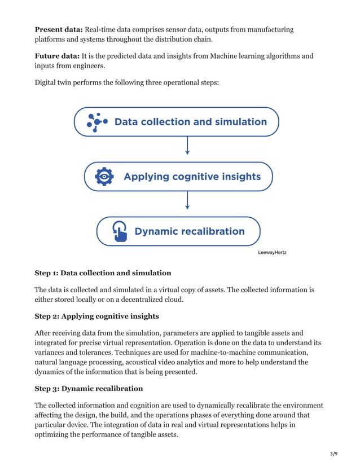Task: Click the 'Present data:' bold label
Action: tap(58, 29)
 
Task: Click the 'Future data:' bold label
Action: tap(57, 56)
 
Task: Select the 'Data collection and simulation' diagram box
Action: tap(177, 122)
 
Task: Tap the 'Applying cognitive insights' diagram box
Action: tap(178, 177)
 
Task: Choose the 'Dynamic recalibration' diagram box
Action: tap(178, 231)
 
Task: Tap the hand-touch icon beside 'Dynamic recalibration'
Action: tap(119, 231)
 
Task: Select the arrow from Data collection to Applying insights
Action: tap(187, 146)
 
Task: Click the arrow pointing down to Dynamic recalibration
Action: tap(187, 200)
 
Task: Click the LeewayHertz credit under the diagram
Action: tap(271, 252)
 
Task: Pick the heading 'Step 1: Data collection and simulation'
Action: tap(103, 273)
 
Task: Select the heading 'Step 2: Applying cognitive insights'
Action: tap(96, 316)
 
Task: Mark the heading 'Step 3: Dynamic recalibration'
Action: tap(89, 389)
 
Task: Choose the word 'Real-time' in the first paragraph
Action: tap(102, 29)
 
